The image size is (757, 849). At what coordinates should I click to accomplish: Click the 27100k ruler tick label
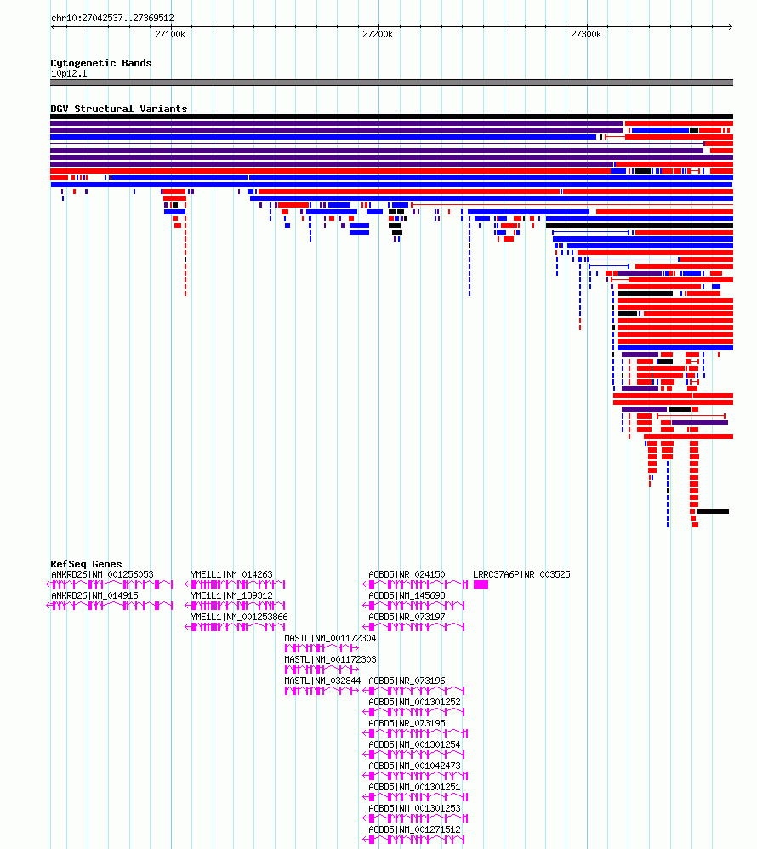170,34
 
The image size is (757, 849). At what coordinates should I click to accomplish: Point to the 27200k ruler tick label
378,34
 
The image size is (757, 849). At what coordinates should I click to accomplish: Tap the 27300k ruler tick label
586,34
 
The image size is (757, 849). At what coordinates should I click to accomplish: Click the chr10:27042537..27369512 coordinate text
112,18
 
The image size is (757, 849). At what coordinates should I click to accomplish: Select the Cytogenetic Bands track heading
100,63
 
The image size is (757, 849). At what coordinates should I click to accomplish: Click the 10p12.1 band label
69,73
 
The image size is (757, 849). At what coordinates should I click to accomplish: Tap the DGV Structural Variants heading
118,109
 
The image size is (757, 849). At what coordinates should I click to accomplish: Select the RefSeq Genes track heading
86,564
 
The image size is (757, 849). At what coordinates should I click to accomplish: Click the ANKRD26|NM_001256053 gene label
102,574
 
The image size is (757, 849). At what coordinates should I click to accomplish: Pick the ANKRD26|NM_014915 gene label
94,595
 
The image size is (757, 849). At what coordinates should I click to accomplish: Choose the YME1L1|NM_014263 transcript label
231,574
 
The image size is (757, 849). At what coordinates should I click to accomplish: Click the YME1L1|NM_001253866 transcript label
239,617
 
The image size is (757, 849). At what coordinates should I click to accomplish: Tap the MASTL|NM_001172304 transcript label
330,638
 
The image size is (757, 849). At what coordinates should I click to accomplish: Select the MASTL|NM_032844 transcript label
322,681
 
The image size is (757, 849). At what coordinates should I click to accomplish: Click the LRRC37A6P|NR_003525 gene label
521,574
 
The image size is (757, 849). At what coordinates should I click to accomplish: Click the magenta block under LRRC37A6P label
481,584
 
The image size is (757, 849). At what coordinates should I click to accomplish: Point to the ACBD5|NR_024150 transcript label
407,574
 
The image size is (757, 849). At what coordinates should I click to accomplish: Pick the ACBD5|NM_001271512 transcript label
414,829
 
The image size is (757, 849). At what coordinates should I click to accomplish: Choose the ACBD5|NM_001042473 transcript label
414,766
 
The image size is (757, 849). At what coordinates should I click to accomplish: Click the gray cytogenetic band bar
391,83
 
